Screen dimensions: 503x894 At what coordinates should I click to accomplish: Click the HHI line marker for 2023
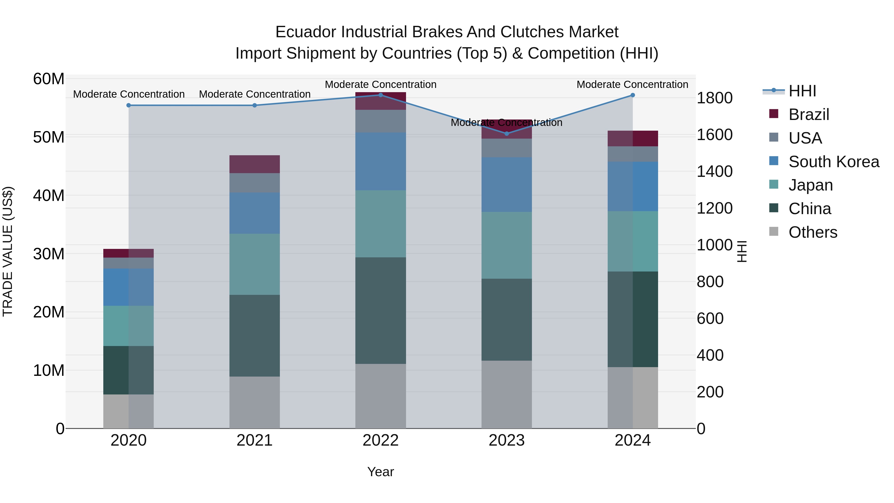(506, 134)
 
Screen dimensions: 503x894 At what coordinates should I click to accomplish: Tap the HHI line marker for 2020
(128, 105)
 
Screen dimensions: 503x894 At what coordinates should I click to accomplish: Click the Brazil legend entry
(808, 115)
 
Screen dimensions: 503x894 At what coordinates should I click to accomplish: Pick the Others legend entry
(813, 232)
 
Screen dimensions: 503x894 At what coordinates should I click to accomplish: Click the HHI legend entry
(802, 91)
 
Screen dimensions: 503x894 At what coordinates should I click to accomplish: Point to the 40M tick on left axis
(49, 196)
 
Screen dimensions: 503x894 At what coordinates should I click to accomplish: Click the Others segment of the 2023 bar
(506, 394)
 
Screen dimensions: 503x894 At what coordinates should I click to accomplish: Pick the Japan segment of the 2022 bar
(380, 224)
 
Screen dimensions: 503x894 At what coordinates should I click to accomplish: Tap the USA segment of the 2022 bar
(380, 121)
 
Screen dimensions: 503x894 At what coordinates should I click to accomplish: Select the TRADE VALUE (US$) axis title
(8, 251)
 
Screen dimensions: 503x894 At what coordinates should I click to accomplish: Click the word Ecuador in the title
(306, 32)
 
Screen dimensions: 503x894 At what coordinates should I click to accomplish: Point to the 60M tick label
(49, 79)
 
